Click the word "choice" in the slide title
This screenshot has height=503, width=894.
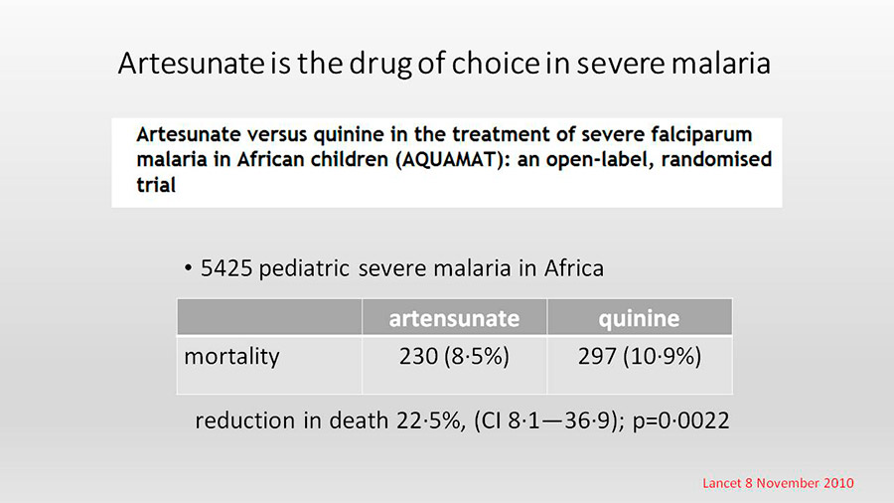495,64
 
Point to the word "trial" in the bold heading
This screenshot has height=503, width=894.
156,185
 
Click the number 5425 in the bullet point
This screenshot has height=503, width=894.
226,268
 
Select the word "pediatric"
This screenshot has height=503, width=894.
304,268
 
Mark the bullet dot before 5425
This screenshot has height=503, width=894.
188,268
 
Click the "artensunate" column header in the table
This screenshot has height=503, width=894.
454,318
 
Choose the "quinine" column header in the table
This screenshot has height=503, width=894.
639,319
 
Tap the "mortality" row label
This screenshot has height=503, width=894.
231,357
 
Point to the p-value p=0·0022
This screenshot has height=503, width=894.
680,420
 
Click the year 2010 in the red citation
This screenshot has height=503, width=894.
838,483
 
